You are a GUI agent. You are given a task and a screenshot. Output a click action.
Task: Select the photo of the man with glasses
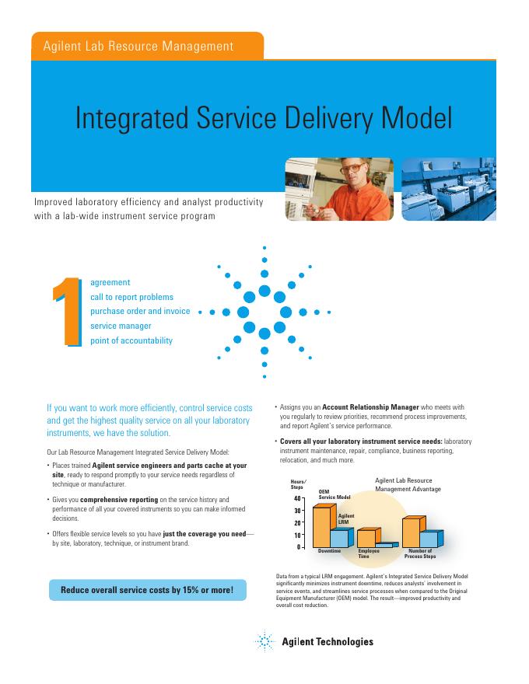click(338, 190)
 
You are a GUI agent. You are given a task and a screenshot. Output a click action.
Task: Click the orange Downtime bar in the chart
click(321, 527)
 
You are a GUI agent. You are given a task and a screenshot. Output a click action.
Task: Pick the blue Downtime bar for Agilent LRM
click(339, 538)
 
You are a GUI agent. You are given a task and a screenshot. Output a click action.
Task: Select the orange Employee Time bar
click(365, 537)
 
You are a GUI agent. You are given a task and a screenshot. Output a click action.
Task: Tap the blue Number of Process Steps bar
click(429, 538)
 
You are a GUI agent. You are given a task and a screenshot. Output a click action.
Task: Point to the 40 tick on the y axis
click(298, 497)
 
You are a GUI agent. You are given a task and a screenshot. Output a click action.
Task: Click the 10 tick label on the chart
click(298, 535)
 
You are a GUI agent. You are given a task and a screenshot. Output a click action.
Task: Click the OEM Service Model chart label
click(335, 494)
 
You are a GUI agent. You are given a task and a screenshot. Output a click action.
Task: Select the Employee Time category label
click(368, 554)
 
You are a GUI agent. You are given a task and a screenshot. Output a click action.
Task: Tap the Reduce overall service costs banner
click(147, 590)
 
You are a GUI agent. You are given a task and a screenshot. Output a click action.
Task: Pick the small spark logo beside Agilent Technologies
click(265, 641)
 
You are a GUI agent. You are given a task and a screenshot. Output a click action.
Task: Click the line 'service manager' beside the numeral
click(121, 326)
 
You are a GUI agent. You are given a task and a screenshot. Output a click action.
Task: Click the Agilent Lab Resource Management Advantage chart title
click(408, 485)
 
